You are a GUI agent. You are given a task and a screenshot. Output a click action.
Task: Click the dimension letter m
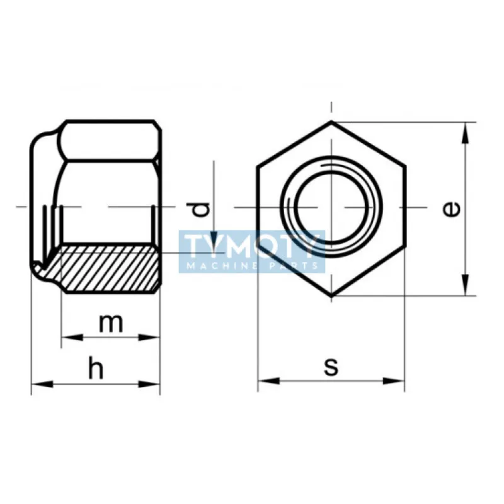111,323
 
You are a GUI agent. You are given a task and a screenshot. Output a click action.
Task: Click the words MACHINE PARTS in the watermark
252,265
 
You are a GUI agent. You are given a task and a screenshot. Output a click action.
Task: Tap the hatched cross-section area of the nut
107,268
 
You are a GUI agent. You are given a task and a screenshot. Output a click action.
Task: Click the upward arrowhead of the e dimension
466,130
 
